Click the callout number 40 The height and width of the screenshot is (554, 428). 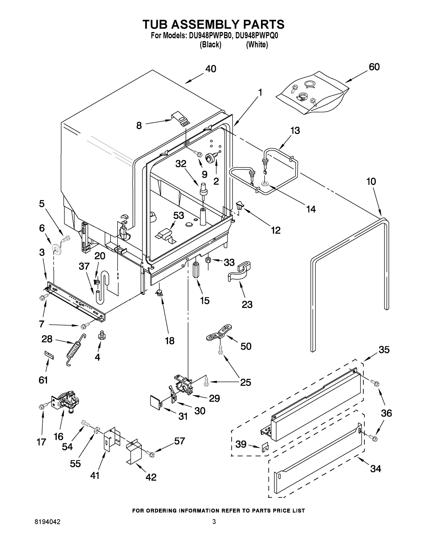211,69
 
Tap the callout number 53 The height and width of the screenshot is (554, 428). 179,215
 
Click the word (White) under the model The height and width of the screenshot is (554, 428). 257,45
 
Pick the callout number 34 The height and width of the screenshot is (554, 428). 376,469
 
